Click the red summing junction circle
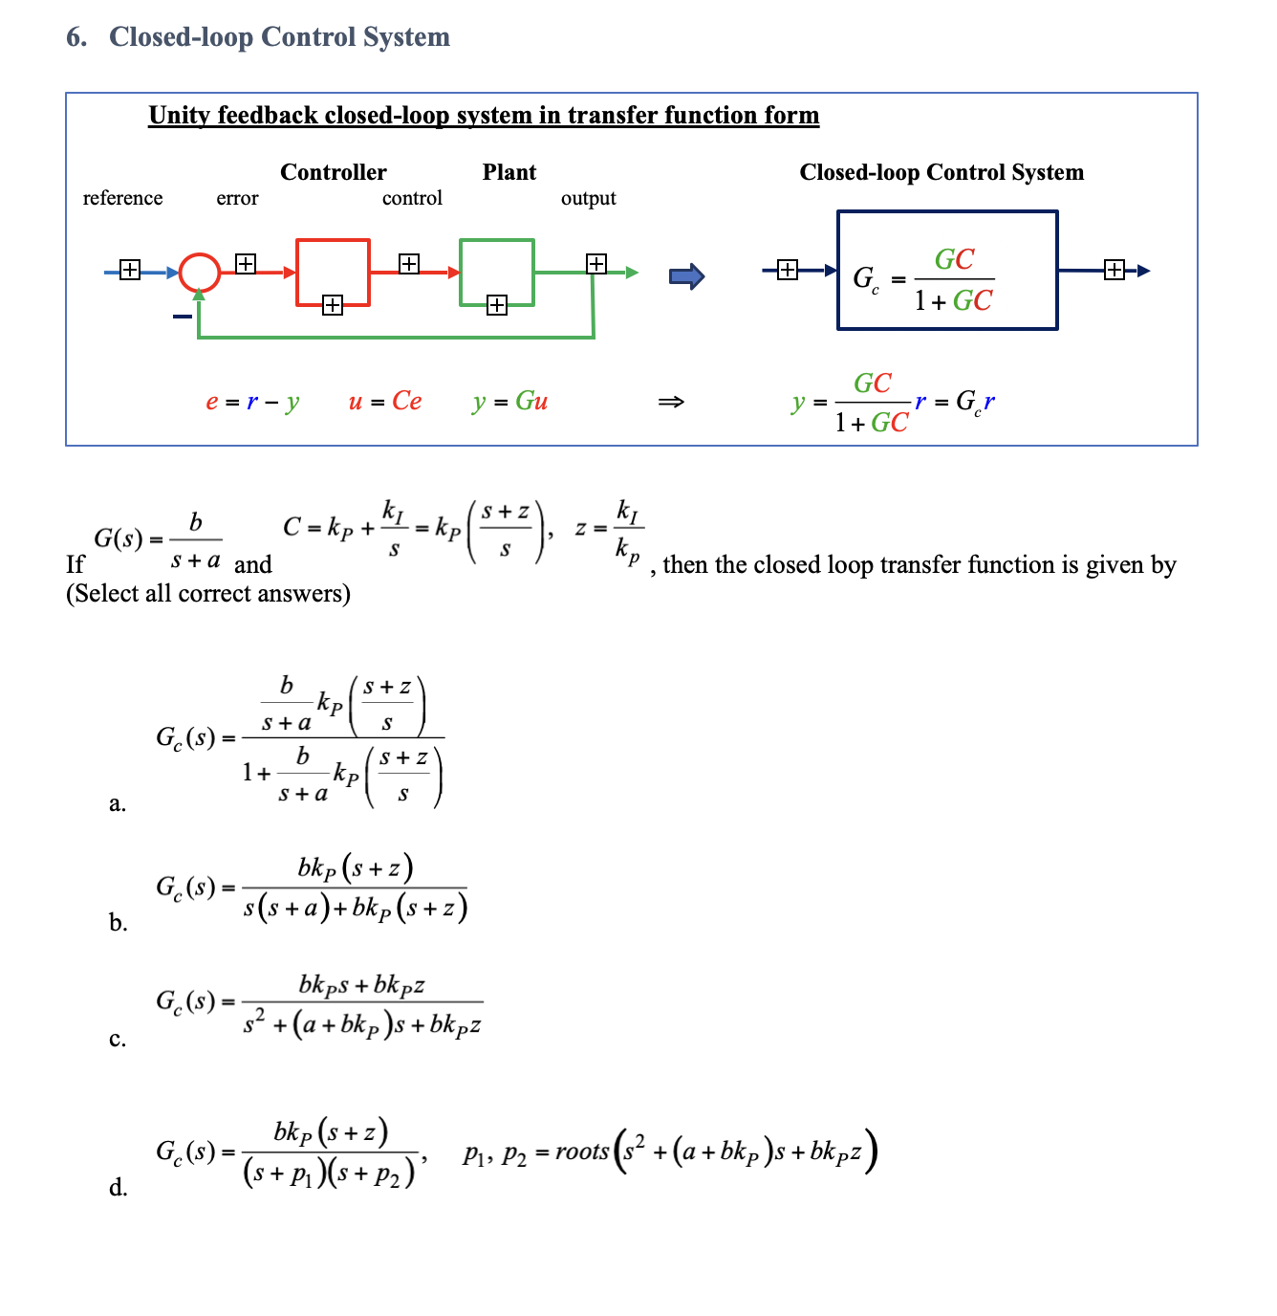[x=200, y=273]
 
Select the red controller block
[x=333, y=273]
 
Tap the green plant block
[x=496, y=273]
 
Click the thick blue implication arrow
[x=686, y=277]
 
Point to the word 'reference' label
[x=122, y=198]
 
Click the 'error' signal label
[x=237, y=198]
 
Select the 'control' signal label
[x=412, y=198]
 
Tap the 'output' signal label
[x=588, y=198]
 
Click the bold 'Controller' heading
[x=333, y=172]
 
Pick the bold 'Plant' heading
[x=509, y=172]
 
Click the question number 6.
[x=76, y=37]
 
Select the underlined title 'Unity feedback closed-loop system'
[x=484, y=116]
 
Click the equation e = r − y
[x=252, y=402]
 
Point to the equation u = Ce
[x=384, y=402]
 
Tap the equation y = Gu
[x=509, y=402]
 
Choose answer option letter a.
[x=118, y=803]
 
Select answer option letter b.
[x=118, y=923]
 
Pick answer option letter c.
[x=118, y=1040]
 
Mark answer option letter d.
[x=118, y=1188]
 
